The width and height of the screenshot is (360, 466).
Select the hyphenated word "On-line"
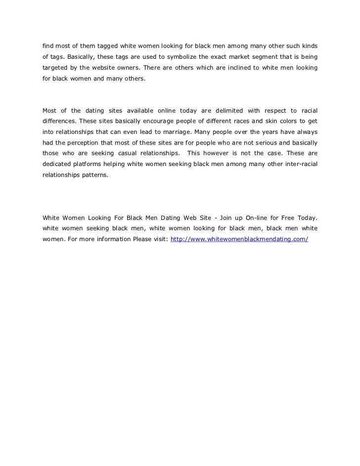point(259,218)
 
